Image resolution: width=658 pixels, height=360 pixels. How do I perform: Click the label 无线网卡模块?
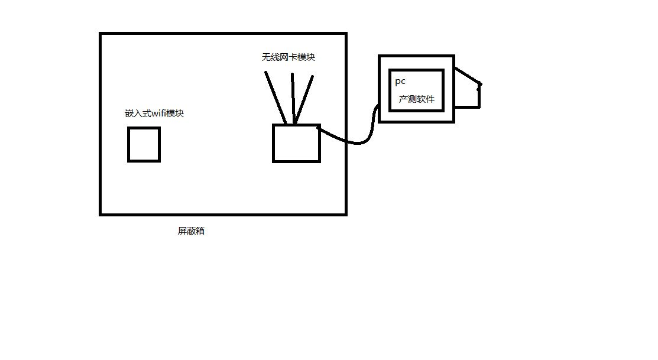coord(289,57)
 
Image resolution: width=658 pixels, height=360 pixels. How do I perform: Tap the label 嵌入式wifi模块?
coord(154,113)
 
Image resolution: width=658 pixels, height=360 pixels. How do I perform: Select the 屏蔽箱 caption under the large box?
coord(191,231)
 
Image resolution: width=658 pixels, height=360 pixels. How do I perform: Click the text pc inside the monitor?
coord(400,81)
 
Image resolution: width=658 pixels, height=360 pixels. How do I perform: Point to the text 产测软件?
coord(417,99)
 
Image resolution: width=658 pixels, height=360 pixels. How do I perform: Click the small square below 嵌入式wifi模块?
coord(144,144)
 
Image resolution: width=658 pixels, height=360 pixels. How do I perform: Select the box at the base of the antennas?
coord(296,143)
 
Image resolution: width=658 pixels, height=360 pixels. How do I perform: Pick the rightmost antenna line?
coord(304,99)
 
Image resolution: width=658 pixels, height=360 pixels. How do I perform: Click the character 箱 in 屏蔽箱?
coord(200,231)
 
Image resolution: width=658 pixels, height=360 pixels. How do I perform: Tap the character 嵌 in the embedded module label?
coord(129,113)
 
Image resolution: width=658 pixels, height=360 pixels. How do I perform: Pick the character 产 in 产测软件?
coord(403,99)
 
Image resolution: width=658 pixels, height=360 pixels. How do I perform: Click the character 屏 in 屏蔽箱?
coord(182,231)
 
